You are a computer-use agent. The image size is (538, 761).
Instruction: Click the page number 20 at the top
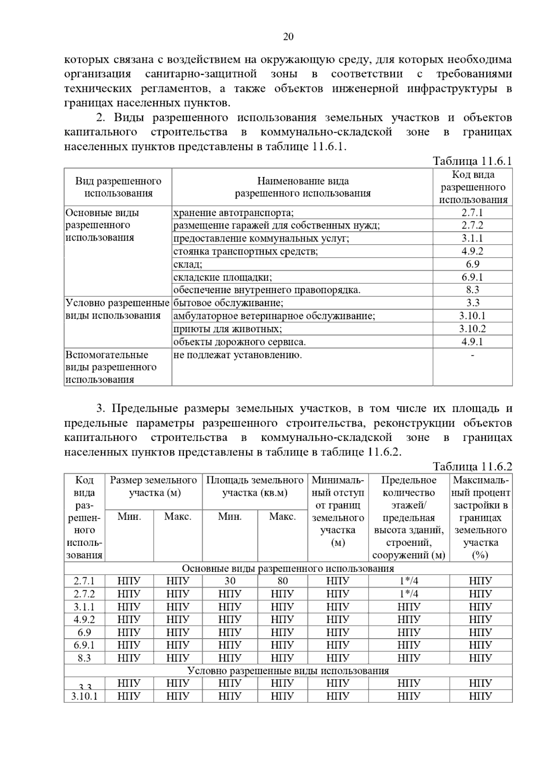pyautogui.click(x=288, y=37)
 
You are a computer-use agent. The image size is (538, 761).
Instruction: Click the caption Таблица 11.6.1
pyautogui.click(x=472, y=161)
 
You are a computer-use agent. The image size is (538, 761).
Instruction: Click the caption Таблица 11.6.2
pyautogui.click(x=472, y=467)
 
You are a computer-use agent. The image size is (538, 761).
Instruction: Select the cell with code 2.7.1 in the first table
pyautogui.click(x=472, y=213)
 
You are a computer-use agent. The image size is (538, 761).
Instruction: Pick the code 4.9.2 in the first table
pyautogui.click(x=472, y=251)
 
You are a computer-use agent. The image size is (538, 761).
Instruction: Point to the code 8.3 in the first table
pyautogui.click(x=472, y=290)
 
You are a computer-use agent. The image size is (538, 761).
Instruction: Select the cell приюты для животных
pyautogui.click(x=228, y=329)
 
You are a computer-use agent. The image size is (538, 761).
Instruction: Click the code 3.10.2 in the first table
pyautogui.click(x=472, y=329)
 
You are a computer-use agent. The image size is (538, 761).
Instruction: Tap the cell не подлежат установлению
pyautogui.click(x=238, y=355)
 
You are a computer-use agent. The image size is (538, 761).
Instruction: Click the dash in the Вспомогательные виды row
pyautogui.click(x=472, y=355)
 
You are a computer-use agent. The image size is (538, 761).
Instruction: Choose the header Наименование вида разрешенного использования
pyautogui.click(x=303, y=187)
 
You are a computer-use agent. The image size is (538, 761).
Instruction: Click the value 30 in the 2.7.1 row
pyautogui.click(x=230, y=581)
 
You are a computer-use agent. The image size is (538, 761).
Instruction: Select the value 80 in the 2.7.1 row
pyautogui.click(x=282, y=581)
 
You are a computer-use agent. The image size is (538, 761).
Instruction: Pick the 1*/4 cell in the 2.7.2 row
pyautogui.click(x=409, y=594)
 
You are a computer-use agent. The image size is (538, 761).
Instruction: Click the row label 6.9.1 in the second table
pyautogui.click(x=84, y=645)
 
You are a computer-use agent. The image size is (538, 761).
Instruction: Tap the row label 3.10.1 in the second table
pyautogui.click(x=84, y=696)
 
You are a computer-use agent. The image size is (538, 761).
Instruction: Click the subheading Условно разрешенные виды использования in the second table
pyautogui.click(x=288, y=671)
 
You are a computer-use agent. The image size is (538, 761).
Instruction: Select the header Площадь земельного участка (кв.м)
pyautogui.click(x=255, y=487)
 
